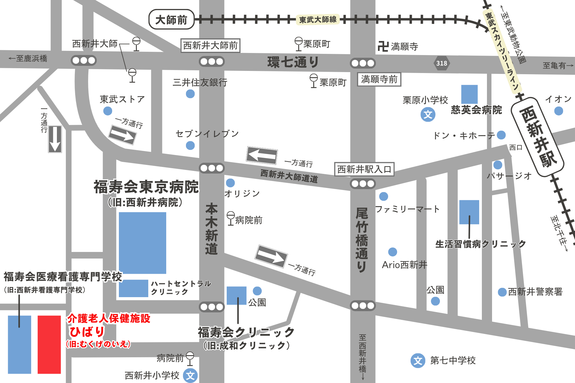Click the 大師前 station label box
coord(171,20)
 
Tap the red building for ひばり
coord(49,344)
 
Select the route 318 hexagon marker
coord(441,63)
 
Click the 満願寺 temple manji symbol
coord(383,46)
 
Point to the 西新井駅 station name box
coord(537,136)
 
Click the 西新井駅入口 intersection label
coord(364,169)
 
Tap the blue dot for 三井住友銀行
coord(190,94)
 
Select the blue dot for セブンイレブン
coord(190,146)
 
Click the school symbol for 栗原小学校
coord(428,114)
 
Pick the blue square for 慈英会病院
coord(469,94)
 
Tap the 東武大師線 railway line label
coord(318,20)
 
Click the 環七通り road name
coord(293,62)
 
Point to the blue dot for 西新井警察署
coord(502,292)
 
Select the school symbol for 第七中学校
coord(418,361)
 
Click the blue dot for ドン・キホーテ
coord(501,135)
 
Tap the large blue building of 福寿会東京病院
coord(143,243)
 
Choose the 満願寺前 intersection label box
coord(379,79)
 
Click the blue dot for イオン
coord(559,111)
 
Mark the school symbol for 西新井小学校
coord(190,376)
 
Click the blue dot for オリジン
coord(230,183)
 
